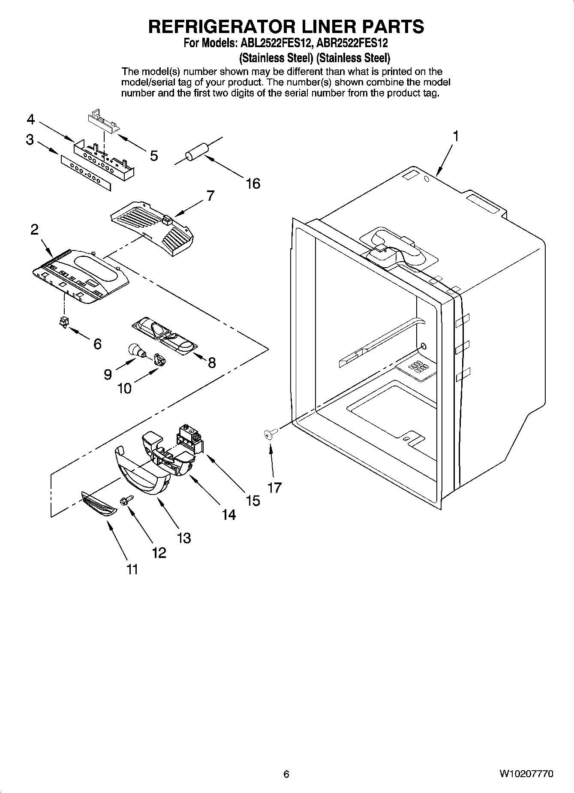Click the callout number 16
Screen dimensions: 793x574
point(253,184)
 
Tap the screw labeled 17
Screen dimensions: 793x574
point(269,435)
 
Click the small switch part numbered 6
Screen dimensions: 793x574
point(63,321)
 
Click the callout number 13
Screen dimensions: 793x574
point(184,538)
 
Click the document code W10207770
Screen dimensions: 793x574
point(526,774)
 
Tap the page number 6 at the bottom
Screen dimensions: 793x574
point(286,774)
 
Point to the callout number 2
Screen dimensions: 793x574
point(34,229)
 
